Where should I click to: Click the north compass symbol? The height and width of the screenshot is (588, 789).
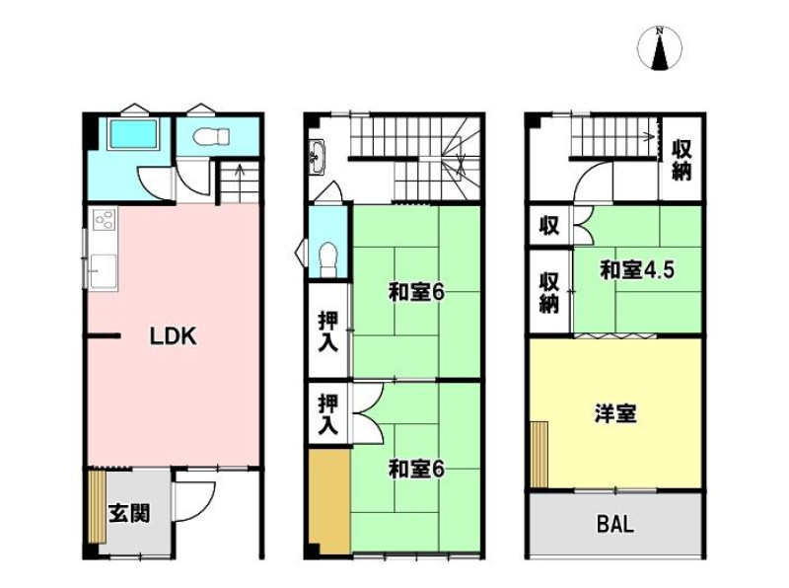659,48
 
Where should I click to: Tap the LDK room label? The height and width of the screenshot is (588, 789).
174,335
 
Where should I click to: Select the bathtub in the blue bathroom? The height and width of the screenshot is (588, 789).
133,134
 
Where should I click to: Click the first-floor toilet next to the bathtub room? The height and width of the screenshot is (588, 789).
211,136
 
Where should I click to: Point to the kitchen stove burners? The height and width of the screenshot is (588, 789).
105,219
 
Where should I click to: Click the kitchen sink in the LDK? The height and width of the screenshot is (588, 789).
104,270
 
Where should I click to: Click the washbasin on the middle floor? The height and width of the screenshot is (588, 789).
318,157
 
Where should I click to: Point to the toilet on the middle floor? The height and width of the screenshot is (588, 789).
328,258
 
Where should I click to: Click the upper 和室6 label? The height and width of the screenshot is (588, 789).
416,292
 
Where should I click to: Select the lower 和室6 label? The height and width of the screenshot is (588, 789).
416,470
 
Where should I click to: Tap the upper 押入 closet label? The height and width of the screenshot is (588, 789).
328,331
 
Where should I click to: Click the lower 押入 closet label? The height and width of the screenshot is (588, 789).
328,414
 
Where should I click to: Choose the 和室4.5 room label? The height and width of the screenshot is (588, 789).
636,270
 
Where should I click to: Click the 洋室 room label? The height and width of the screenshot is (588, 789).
615,413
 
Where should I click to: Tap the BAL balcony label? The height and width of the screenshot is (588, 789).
614,524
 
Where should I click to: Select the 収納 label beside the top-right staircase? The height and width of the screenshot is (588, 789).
681,160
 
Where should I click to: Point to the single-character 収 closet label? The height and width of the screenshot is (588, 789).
549,226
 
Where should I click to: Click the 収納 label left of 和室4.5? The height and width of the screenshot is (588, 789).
549,292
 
